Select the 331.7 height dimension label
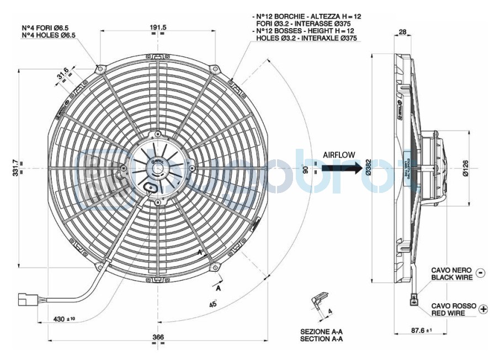click(x=15, y=168)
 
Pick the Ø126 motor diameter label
click(x=465, y=168)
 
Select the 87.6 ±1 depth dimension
click(x=421, y=331)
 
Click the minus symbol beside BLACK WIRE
click(x=480, y=273)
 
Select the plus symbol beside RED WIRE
click(x=483, y=309)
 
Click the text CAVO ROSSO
click(x=452, y=305)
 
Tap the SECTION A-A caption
click(x=322, y=339)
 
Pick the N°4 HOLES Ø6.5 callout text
click(x=49, y=35)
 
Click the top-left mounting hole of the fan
click(x=100, y=69)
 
